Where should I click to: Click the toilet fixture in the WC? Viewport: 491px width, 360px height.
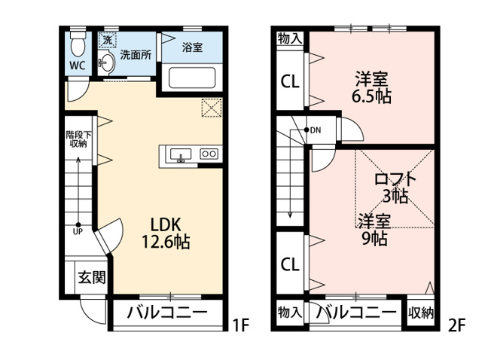point(78,43)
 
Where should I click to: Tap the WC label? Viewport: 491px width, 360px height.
point(78,66)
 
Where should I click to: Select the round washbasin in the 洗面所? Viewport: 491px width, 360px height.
point(107,62)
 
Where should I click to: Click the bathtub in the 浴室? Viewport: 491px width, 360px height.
point(192,78)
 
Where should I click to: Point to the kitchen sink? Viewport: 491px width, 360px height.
point(181,155)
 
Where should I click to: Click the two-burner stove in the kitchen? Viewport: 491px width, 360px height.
point(209,154)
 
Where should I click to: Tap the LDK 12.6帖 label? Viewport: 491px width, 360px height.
point(166,233)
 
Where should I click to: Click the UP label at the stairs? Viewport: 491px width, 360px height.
point(78,232)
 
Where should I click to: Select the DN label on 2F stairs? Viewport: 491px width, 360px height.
point(316,130)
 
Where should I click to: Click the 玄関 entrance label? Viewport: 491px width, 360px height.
point(92,277)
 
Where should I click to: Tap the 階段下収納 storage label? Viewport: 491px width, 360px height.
point(78,139)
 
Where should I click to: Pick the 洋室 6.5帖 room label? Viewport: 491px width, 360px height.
point(371,88)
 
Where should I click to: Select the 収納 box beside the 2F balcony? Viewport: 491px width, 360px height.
point(421,313)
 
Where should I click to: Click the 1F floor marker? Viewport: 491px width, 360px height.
point(240,325)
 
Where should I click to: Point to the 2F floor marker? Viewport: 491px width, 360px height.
point(457,325)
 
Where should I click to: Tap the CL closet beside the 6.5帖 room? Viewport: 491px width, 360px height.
point(290,81)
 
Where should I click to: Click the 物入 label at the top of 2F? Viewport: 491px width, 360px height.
point(290,39)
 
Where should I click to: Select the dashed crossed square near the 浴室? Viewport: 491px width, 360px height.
point(212,108)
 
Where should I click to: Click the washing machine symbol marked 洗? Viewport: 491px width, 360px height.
point(108,40)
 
